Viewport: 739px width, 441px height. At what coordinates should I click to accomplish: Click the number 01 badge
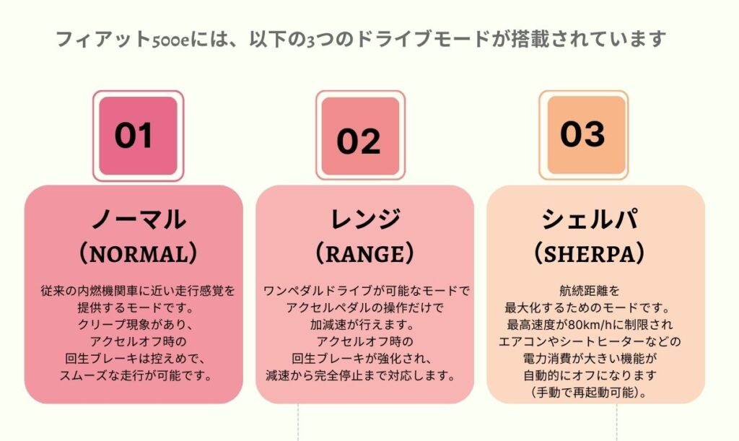[x=138, y=136]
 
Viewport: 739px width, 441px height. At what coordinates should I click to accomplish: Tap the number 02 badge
[x=361, y=136]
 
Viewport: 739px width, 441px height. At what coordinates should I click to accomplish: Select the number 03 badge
[x=583, y=135]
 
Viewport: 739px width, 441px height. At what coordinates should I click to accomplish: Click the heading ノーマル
[x=139, y=219]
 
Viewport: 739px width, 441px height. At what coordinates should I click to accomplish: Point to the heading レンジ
[x=365, y=219]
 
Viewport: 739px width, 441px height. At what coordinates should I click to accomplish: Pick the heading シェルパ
[x=589, y=219]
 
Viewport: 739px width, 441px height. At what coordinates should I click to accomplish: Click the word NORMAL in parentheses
[x=139, y=254]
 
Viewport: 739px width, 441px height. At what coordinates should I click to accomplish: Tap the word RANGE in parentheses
[x=364, y=254]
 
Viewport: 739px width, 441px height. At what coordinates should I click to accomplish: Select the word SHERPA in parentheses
[x=589, y=254]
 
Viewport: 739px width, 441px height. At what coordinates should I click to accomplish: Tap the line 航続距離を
[x=589, y=291]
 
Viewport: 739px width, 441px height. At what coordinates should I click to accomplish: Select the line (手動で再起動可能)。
[x=589, y=393]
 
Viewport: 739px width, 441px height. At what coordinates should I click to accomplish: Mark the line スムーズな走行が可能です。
[x=136, y=375]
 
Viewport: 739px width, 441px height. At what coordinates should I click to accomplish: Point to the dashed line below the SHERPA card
[x=616, y=422]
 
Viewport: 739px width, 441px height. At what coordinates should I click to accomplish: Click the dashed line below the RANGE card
[x=298, y=422]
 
